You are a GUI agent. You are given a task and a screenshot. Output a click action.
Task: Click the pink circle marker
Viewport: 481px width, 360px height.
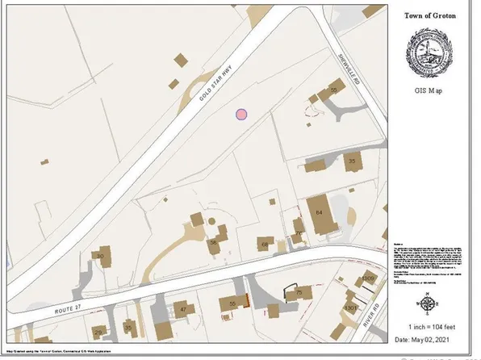pos(241,115)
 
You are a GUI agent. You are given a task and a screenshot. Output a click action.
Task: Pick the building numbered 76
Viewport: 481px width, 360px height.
pos(299,235)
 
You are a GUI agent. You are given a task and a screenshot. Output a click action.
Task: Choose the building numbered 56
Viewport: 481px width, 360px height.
pos(214,241)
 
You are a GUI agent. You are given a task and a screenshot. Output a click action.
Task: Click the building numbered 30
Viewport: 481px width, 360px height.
pos(100,257)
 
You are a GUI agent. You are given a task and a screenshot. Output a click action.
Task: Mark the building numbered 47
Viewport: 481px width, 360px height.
pos(183,309)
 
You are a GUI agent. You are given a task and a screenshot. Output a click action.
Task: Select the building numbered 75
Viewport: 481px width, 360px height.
pos(298,292)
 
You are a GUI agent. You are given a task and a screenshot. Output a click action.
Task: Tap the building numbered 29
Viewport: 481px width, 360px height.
pos(98,332)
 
